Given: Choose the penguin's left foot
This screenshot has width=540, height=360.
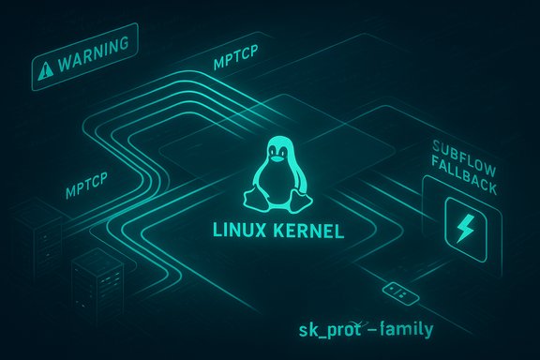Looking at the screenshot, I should (252, 200).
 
